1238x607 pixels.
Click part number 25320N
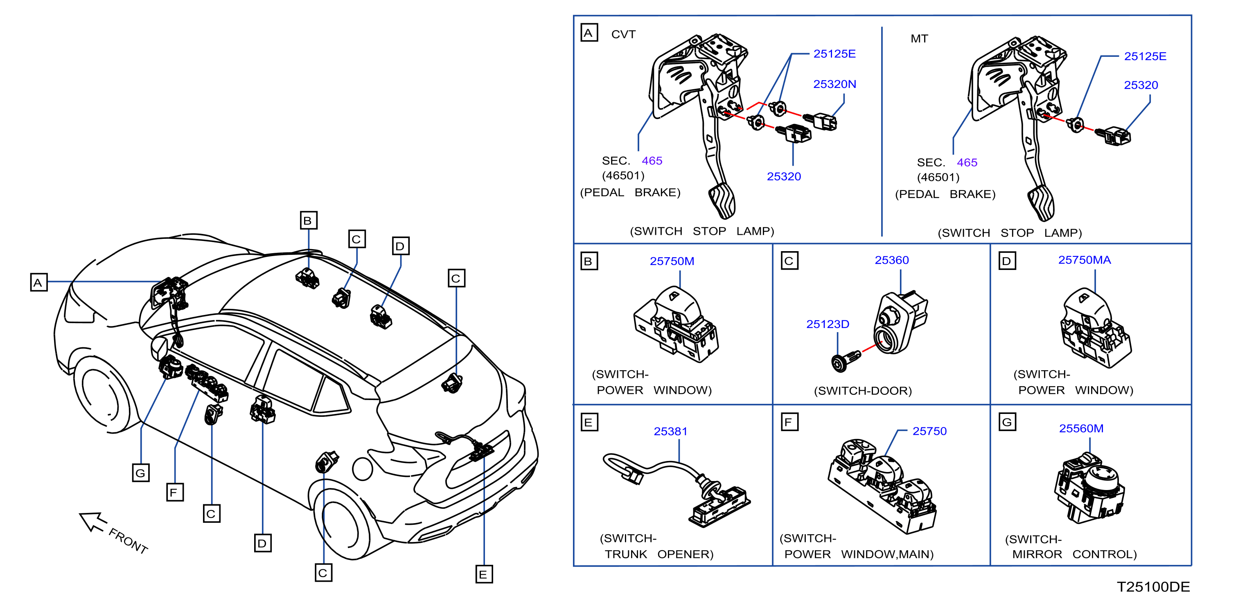[834, 84]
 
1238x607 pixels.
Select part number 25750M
[672, 261]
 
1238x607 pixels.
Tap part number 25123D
[828, 324]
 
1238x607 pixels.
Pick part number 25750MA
[1084, 260]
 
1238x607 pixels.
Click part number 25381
[670, 431]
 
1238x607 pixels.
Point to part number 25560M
[1081, 428]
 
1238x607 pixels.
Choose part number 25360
[891, 260]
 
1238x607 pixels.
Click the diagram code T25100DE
[1153, 587]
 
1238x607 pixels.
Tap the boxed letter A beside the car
[38, 282]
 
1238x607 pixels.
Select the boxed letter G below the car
[141, 472]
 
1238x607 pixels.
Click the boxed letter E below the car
[484, 574]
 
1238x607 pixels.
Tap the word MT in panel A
[919, 39]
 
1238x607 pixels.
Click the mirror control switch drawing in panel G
[1089, 488]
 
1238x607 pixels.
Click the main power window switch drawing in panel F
[882, 486]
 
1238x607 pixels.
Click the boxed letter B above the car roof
[308, 220]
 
